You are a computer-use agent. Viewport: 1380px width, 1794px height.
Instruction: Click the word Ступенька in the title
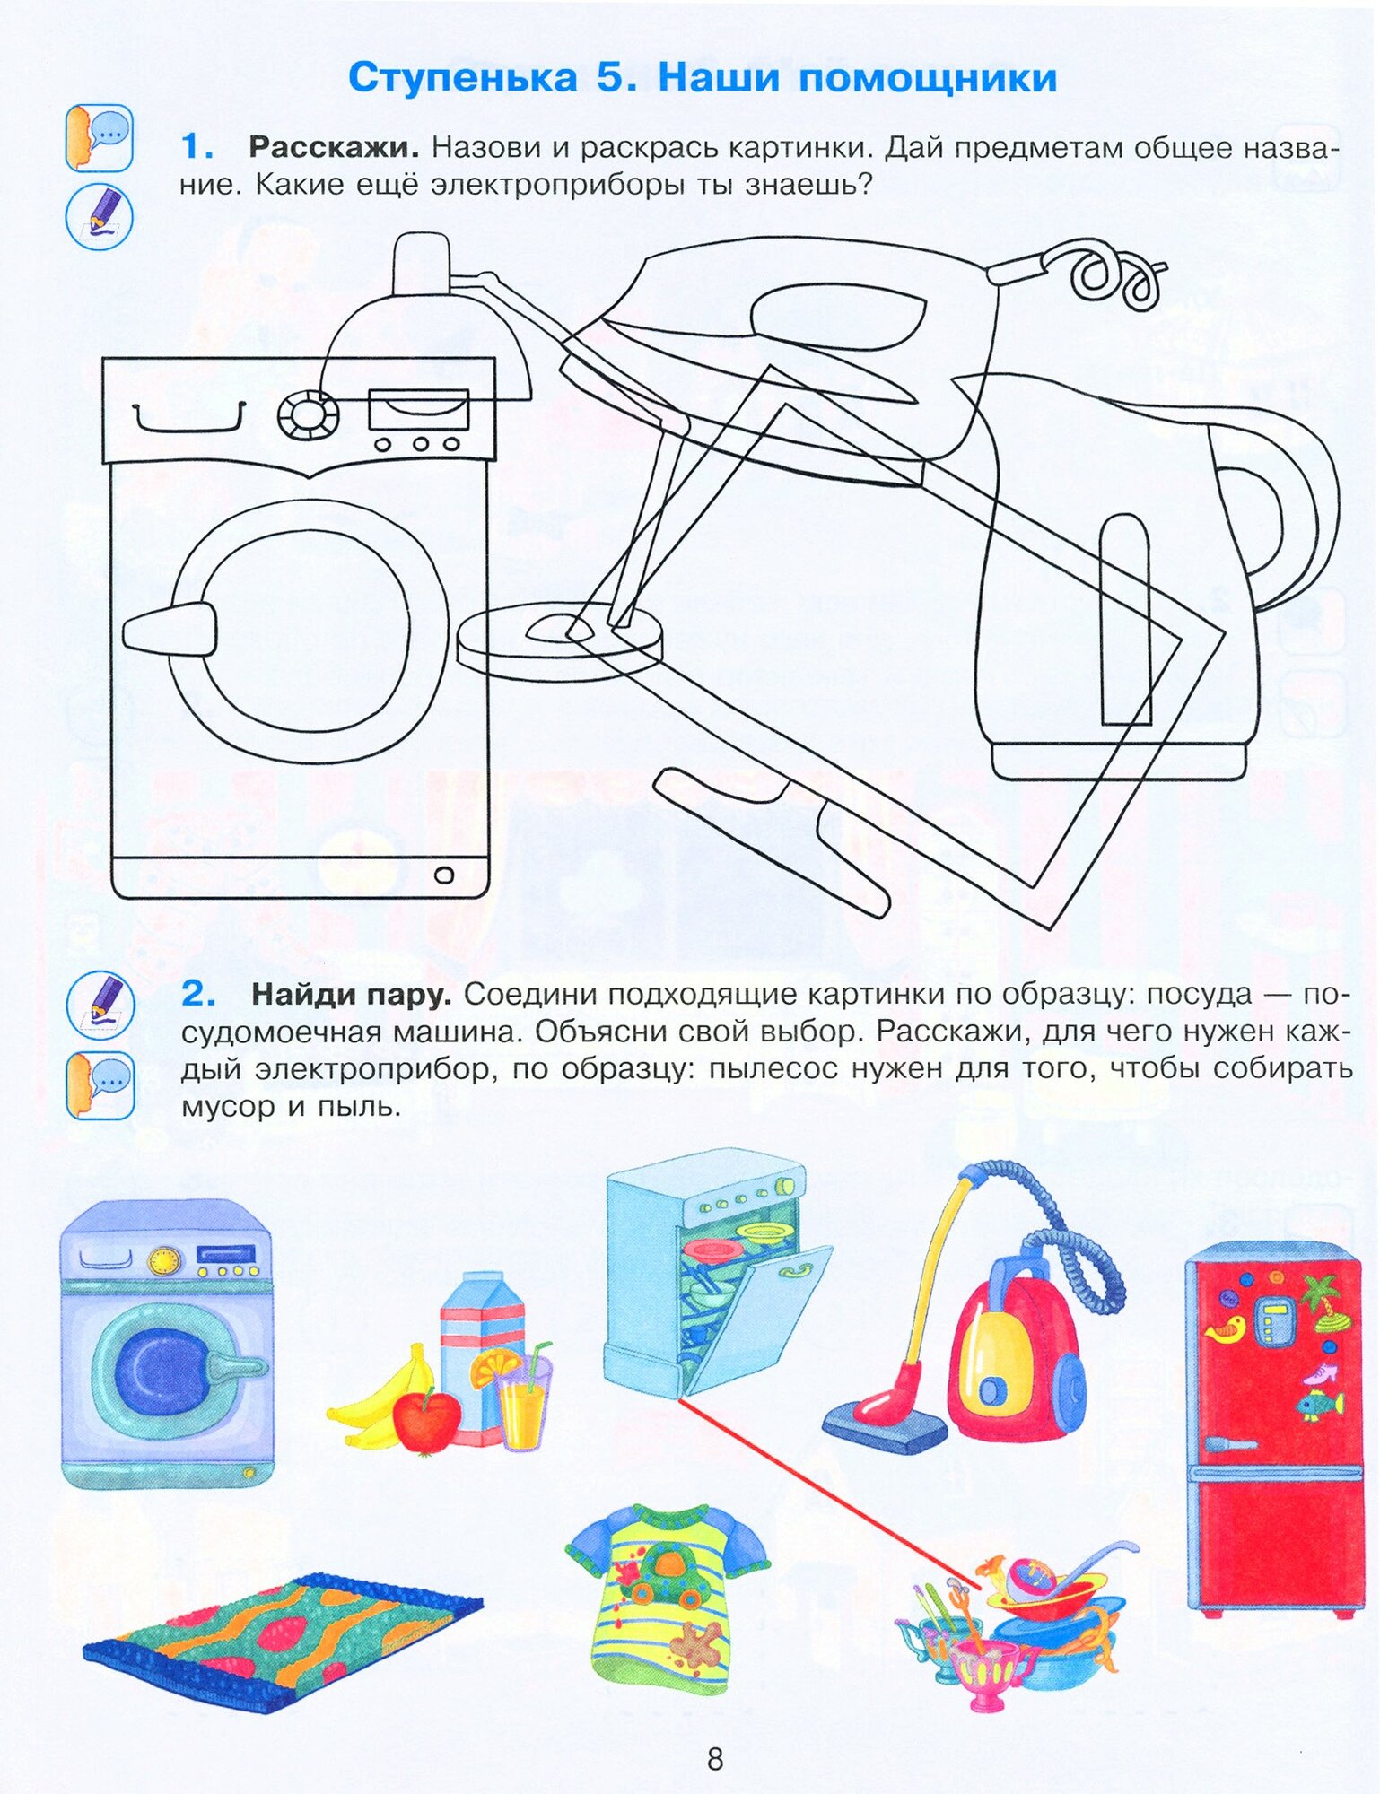[x=462, y=78]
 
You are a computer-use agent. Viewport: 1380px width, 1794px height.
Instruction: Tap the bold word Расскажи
[x=334, y=147]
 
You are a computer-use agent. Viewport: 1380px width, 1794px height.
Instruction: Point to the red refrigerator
[x=1274, y=1426]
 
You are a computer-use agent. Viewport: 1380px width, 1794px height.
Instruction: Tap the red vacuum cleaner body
[x=1014, y=1363]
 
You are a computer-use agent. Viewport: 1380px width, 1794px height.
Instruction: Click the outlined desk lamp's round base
[x=560, y=639]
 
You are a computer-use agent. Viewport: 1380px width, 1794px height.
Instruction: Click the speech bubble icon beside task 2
[x=100, y=1085]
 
